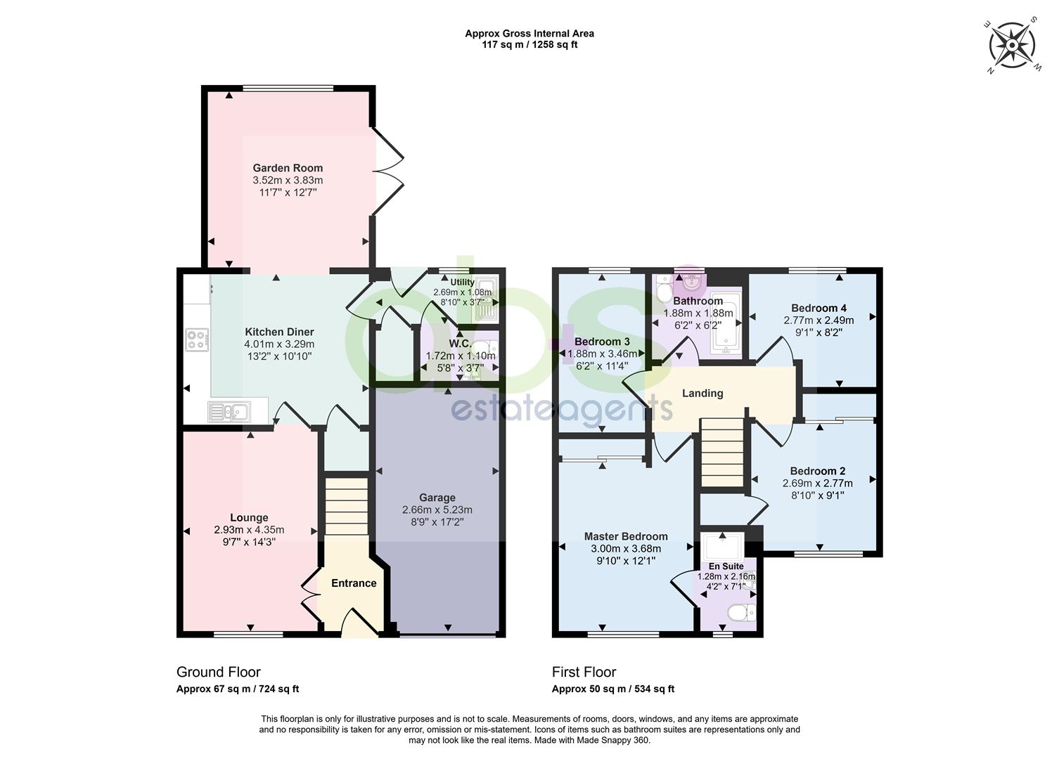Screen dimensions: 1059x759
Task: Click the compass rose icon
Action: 1012,46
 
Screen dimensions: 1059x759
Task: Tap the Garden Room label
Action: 288,168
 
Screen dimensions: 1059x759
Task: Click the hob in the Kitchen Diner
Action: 197,340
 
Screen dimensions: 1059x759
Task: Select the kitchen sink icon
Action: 229,412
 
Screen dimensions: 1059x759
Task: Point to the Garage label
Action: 437,498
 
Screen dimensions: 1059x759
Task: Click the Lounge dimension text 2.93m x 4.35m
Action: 249,530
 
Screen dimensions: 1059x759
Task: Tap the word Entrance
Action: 354,583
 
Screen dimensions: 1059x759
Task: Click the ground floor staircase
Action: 347,506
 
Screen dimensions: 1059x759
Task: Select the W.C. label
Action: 459,344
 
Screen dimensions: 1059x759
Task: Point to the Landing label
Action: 702,394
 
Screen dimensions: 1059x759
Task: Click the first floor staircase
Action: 722,452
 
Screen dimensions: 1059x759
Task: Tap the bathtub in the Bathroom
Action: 726,324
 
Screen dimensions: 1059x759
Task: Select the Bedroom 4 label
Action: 819,308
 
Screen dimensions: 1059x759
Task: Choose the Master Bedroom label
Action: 626,536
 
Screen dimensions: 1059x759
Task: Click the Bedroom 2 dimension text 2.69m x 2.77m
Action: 817,483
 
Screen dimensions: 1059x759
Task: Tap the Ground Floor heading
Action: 219,672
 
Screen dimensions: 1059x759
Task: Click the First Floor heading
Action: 584,672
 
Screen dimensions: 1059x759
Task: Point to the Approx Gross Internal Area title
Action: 529,34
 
